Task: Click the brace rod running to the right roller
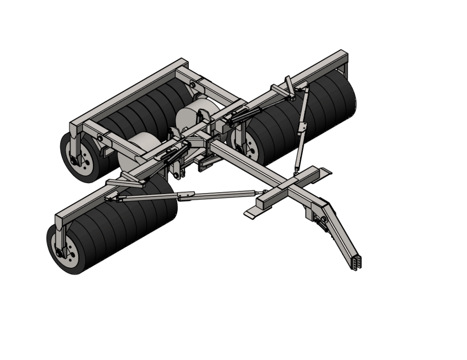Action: click(x=302, y=128)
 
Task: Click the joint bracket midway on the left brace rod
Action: click(x=186, y=196)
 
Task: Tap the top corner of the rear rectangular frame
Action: click(x=182, y=61)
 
